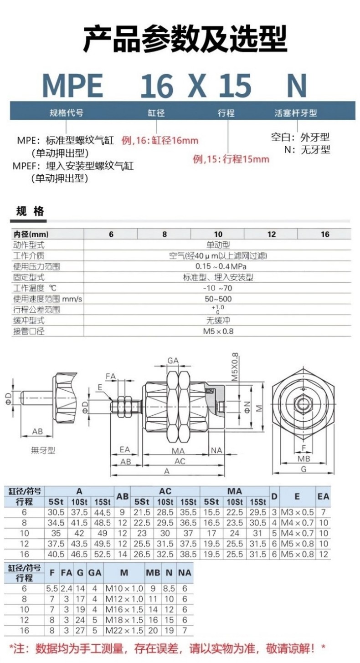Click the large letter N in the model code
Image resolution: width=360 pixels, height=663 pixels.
(297, 86)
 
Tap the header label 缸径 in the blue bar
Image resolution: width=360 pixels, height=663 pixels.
(156, 113)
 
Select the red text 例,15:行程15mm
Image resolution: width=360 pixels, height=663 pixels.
(231, 159)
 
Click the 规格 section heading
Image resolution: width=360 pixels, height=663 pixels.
(30, 211)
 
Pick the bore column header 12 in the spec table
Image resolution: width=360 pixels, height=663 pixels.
(272, 234)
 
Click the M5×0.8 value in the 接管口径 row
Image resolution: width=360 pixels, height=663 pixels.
(218, 331)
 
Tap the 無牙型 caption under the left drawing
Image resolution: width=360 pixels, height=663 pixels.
(43, 450)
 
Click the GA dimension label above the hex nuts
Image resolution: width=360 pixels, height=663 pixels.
(173, 361)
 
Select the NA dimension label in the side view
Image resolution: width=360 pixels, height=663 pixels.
(216, 450)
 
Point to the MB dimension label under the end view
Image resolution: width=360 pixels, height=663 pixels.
(303, 459)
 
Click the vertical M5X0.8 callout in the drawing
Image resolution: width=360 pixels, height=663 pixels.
(235, 367)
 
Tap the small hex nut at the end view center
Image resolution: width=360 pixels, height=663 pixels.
(303, 403)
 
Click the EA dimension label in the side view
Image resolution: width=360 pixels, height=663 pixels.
(125, 449)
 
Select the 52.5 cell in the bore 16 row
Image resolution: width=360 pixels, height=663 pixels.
(102, 554)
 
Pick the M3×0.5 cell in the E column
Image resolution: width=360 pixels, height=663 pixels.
(297, 512)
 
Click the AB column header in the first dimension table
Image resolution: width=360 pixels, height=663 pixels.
(123, 496)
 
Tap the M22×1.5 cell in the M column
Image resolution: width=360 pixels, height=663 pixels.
(124, 630)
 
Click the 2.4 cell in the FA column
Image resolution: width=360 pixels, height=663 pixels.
(66, 588)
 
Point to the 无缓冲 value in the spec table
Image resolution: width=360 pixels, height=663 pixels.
(218, 321)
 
